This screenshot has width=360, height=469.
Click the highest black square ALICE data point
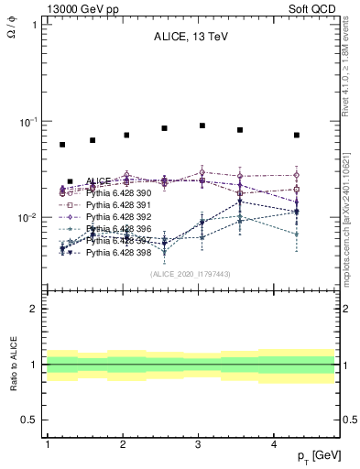[202, 125]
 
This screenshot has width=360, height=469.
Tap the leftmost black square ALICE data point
[62, 145]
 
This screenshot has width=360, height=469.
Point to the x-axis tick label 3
[198, 443]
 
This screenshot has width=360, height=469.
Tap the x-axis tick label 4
[274, 443]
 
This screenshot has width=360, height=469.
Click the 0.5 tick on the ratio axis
[31, 420]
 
